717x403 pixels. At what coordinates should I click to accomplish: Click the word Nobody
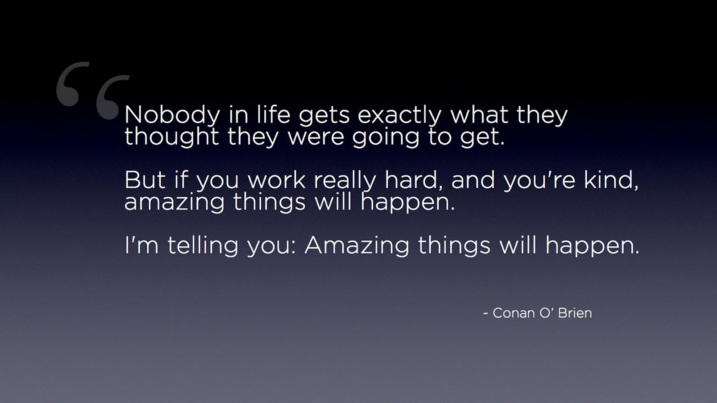(x=172, y=115)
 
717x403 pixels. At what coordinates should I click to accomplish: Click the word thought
(x=171, y=137)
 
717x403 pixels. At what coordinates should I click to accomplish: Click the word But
(x=145, y=180)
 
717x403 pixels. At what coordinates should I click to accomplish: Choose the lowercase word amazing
(x=174, y=203)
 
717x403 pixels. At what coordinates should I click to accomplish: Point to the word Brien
(x=575, y=313)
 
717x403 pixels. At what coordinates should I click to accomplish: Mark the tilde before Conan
(x=485, y=314)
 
